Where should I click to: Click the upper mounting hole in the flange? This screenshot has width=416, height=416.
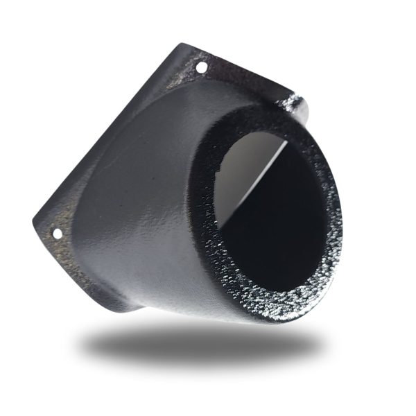(201, 68)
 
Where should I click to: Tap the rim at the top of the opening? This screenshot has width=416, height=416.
(270, 118)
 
